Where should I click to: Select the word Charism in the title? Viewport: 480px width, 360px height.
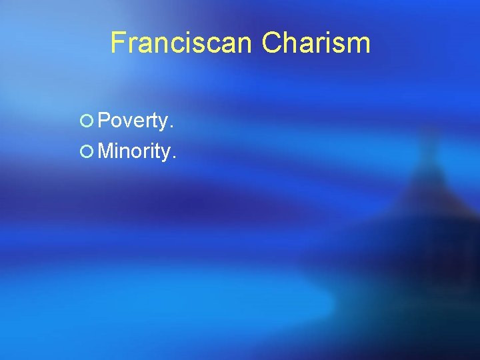click(x=315, y=43)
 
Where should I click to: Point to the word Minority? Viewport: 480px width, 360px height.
click(x=136, y=151)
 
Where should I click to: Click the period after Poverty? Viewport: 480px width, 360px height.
click(x=172, y=127)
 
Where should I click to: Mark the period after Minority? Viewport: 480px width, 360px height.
click(x=175, y=157)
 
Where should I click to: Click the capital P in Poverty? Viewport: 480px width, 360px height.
click(x=105, y=121)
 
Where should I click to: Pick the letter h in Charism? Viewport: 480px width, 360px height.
click(x=292, y=43)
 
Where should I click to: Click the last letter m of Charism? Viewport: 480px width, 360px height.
click(x=358, y=45)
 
